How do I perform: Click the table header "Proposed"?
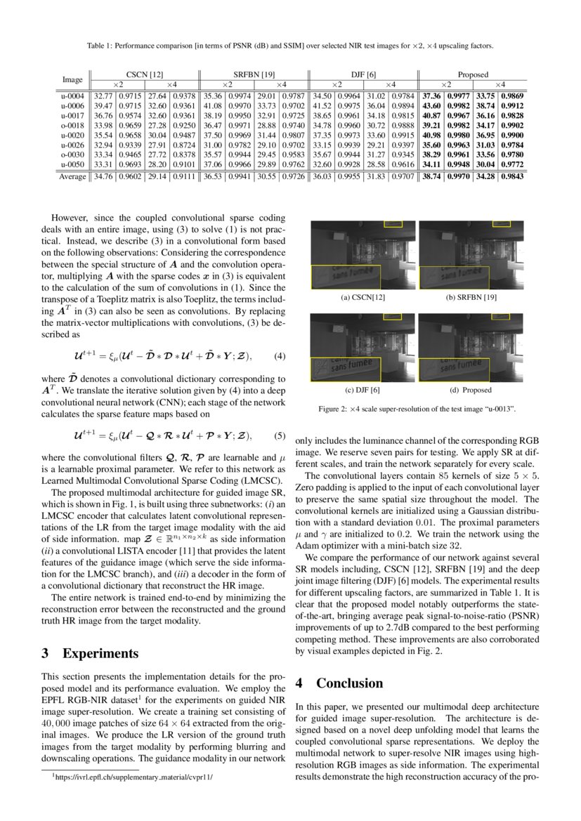pos(473,74)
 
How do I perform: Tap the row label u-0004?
pos(74,96)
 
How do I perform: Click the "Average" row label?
pos(72,177)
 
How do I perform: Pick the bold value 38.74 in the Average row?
pos(431,177)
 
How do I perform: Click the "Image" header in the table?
pos(72,79)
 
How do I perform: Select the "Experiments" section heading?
pos(100,654)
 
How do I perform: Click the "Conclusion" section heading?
pos(349,683)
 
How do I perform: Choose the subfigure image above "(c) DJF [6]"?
pos(363,348)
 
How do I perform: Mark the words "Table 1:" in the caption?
pos(100,46)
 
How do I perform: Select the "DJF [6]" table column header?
pos(363,74)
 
